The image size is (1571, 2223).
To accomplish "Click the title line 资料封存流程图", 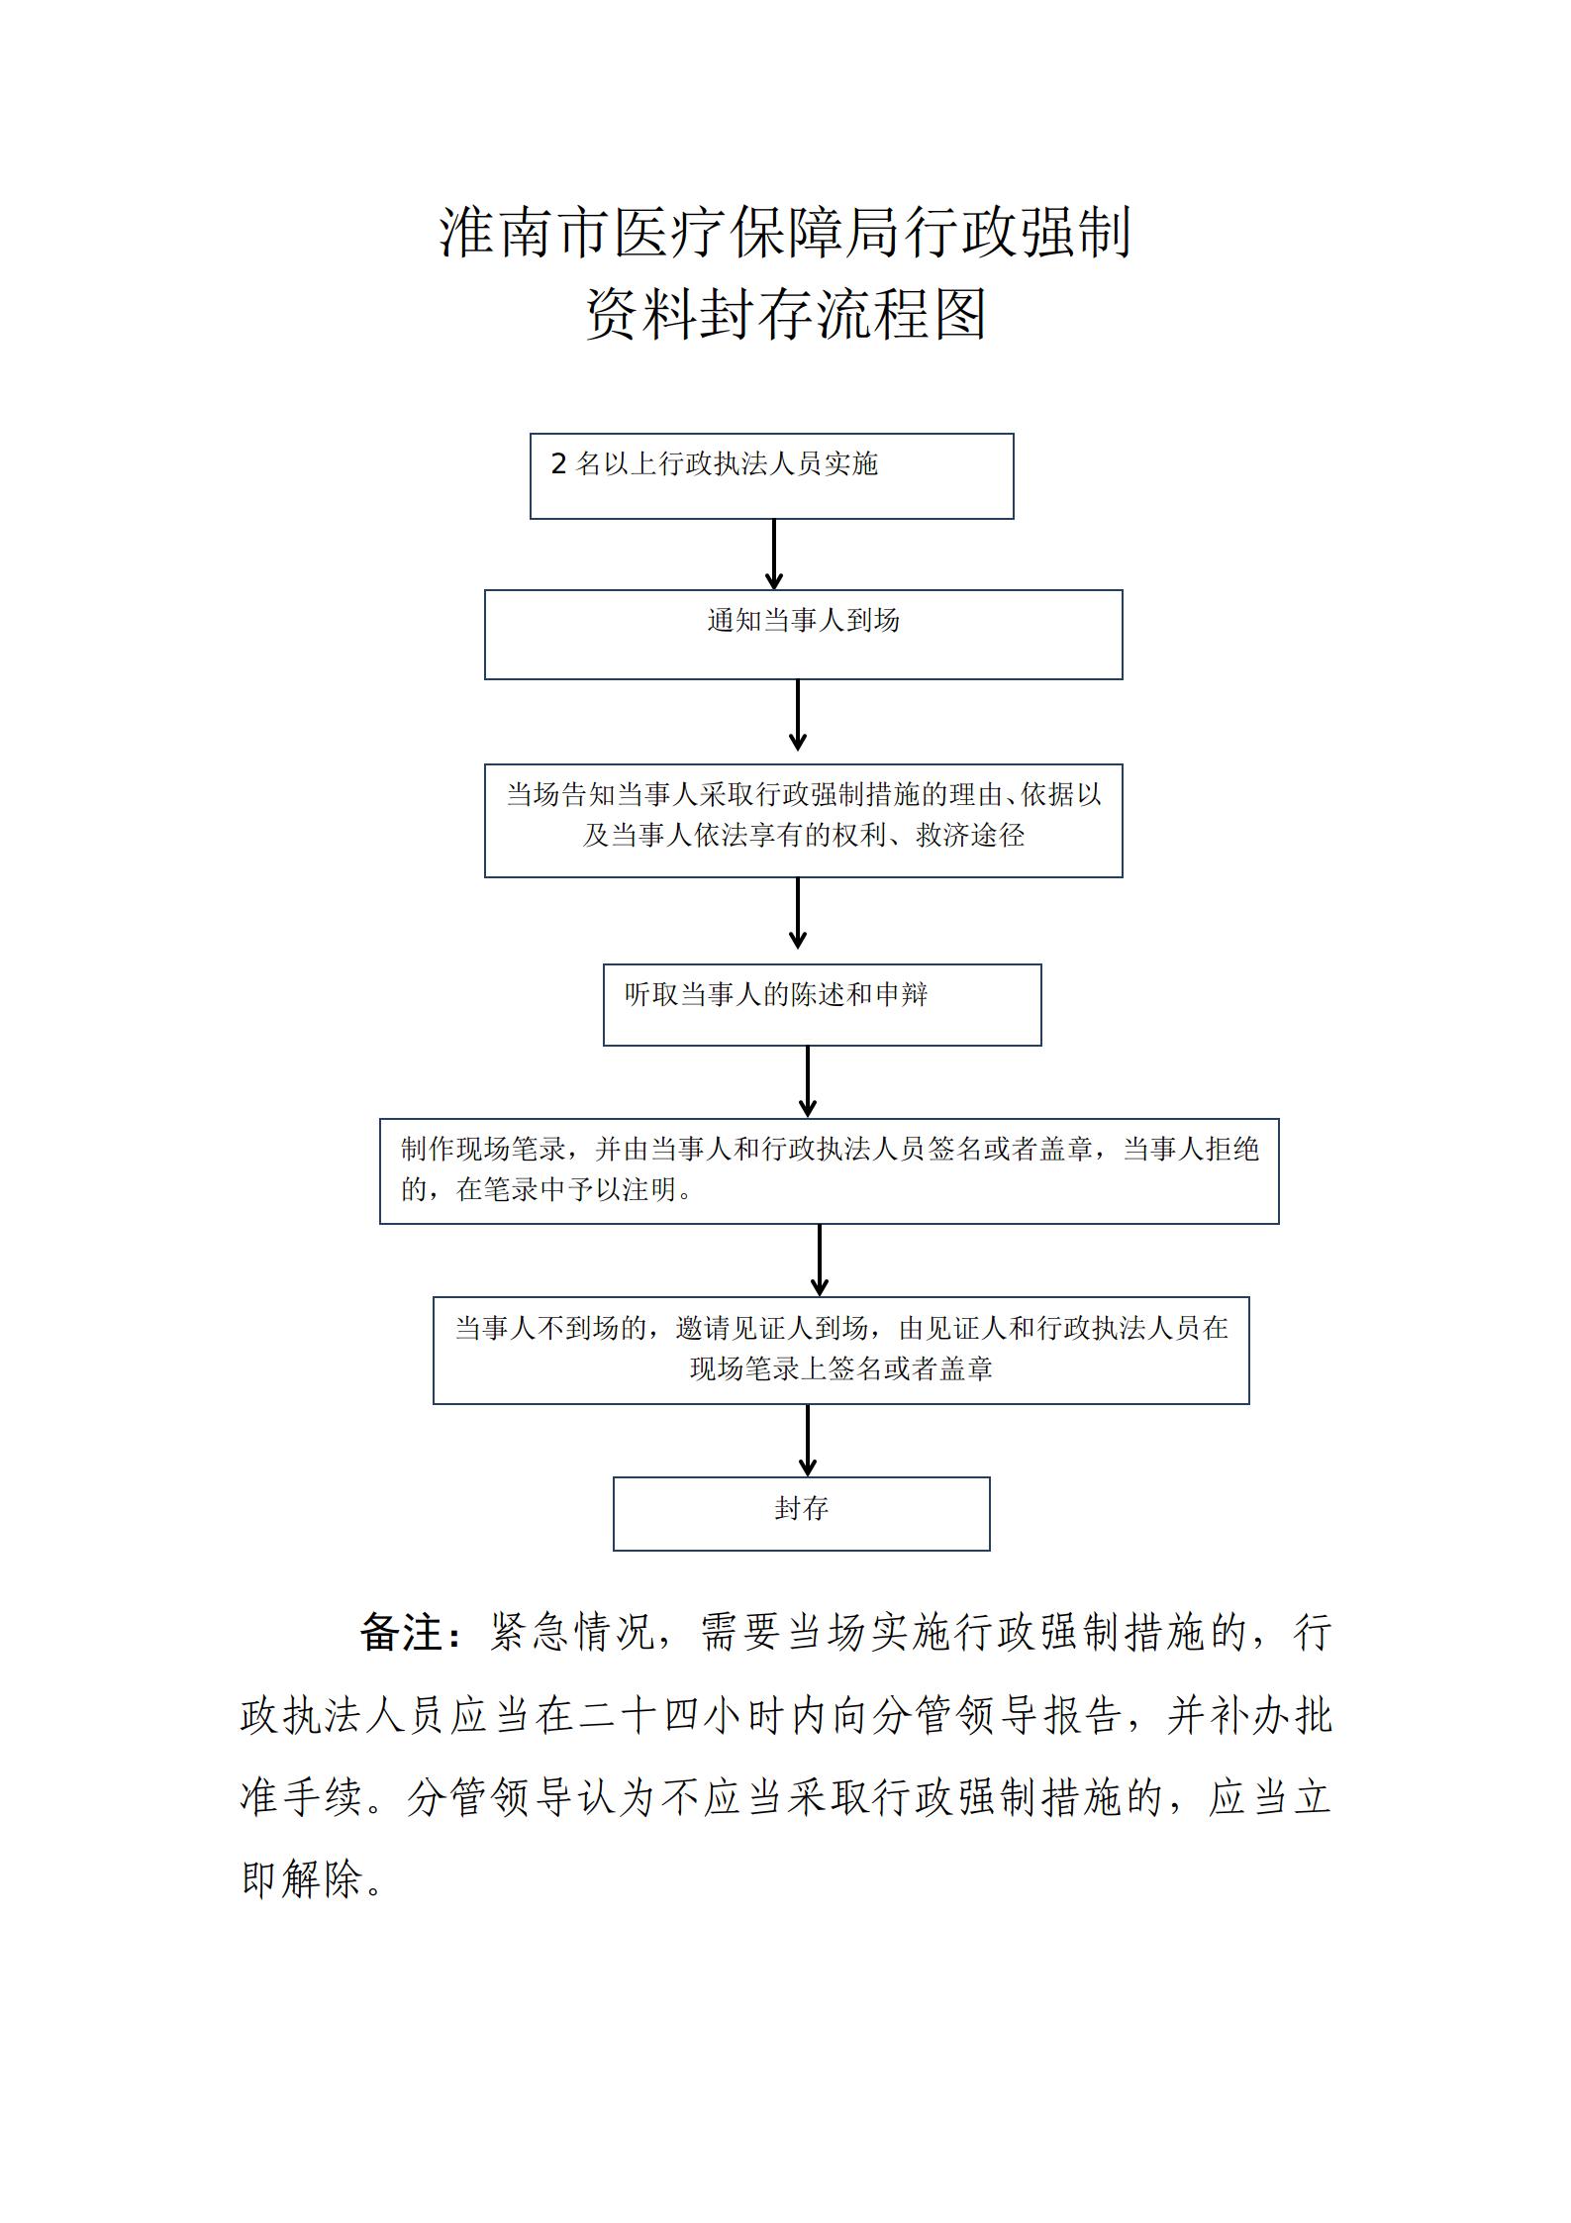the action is (x=786, y=315).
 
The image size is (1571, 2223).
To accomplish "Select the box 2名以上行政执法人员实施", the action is (x=772, y=476).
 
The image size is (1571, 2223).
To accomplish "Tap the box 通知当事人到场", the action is (x=804, y=635).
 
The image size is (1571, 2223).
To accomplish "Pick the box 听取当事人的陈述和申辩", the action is (x=823, y=1005).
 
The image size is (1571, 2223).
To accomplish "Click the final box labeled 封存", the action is (x=802, y=1514).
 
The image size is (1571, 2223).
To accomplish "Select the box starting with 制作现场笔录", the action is (x=830, y=1171).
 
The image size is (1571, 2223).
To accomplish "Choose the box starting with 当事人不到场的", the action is (x=841, y=1351).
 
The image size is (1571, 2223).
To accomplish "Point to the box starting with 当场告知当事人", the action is (x=804, y=821).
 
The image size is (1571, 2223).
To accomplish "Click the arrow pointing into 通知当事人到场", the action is (x=774, y=555).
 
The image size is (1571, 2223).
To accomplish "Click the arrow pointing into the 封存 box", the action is (x=808, y=1441).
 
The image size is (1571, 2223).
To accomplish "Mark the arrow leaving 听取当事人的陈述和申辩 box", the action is (x=808, y=1082).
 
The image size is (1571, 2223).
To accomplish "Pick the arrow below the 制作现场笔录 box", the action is (x=820, y=1261).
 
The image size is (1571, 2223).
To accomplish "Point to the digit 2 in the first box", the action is (x=559, y=463).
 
